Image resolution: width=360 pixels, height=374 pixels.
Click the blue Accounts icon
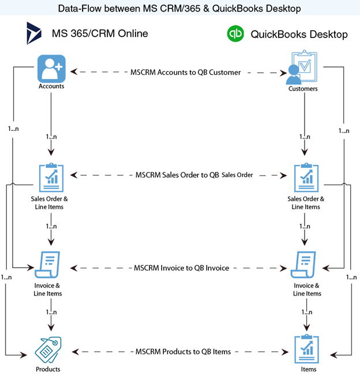[51, 69]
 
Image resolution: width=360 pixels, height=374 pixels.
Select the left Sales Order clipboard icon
[51, 178]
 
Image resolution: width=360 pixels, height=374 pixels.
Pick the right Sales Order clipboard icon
[304, 178]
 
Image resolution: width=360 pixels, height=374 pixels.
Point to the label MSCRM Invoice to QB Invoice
[181, 268]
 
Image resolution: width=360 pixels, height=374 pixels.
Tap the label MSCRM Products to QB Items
[183, 351]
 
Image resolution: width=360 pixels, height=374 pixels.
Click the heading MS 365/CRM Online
[100, 33]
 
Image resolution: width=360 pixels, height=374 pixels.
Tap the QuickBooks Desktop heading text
[299, 35]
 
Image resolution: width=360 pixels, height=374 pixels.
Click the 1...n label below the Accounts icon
[51, 137]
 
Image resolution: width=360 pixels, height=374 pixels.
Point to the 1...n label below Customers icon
[304, 137]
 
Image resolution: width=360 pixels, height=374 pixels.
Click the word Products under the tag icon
[47, 369]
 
